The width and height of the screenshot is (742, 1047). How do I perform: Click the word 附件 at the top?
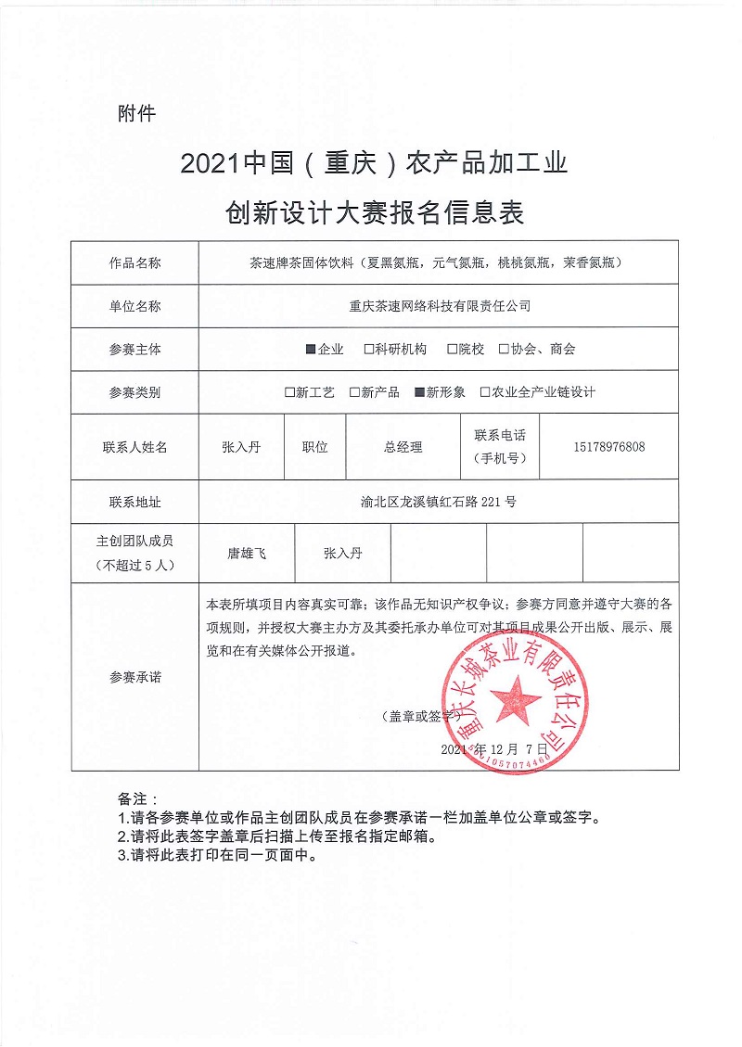(x=137, y=114)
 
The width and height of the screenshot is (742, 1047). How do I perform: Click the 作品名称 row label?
(x=134, y=262)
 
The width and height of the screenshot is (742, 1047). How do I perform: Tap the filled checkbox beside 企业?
(x=312, y=350)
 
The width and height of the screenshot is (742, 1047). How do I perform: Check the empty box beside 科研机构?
(x=369, y=350)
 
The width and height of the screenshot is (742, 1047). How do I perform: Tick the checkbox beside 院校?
(x=452, y=350)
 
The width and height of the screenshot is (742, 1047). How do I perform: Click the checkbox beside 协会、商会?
(x=504, y=350)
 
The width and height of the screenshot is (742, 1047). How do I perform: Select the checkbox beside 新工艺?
(x=289, y=392)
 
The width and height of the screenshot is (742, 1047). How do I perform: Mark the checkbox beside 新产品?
(x=354, y=392)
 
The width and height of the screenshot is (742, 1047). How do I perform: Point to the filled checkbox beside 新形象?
(x=419, y=392)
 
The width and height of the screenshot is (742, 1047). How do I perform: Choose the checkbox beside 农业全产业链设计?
(x=484, y=392)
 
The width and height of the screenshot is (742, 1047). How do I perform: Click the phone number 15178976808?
(x=609, y=447)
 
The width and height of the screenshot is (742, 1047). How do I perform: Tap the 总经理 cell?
(x=403, y=447)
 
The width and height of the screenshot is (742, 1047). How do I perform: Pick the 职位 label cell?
(x=314, y=447)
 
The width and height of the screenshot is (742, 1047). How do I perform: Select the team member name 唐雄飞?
(x=247, y=554)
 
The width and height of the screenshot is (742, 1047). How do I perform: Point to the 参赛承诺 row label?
(x=134, y=677)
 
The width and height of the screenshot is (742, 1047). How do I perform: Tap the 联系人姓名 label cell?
(x=134, y=447)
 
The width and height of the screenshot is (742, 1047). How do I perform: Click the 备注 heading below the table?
(x=137, y=798)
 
